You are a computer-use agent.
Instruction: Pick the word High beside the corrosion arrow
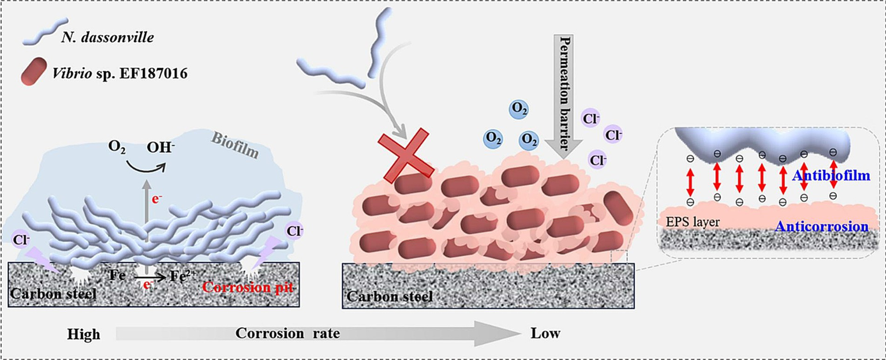(x=84, y=334)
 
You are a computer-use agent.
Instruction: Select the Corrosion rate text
(x=287, y=333)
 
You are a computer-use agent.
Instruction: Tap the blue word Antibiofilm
(x=831, y=175)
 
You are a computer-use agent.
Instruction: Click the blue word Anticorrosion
(x=823, y=226)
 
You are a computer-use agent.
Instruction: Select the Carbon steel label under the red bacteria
(x=390, y=297)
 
